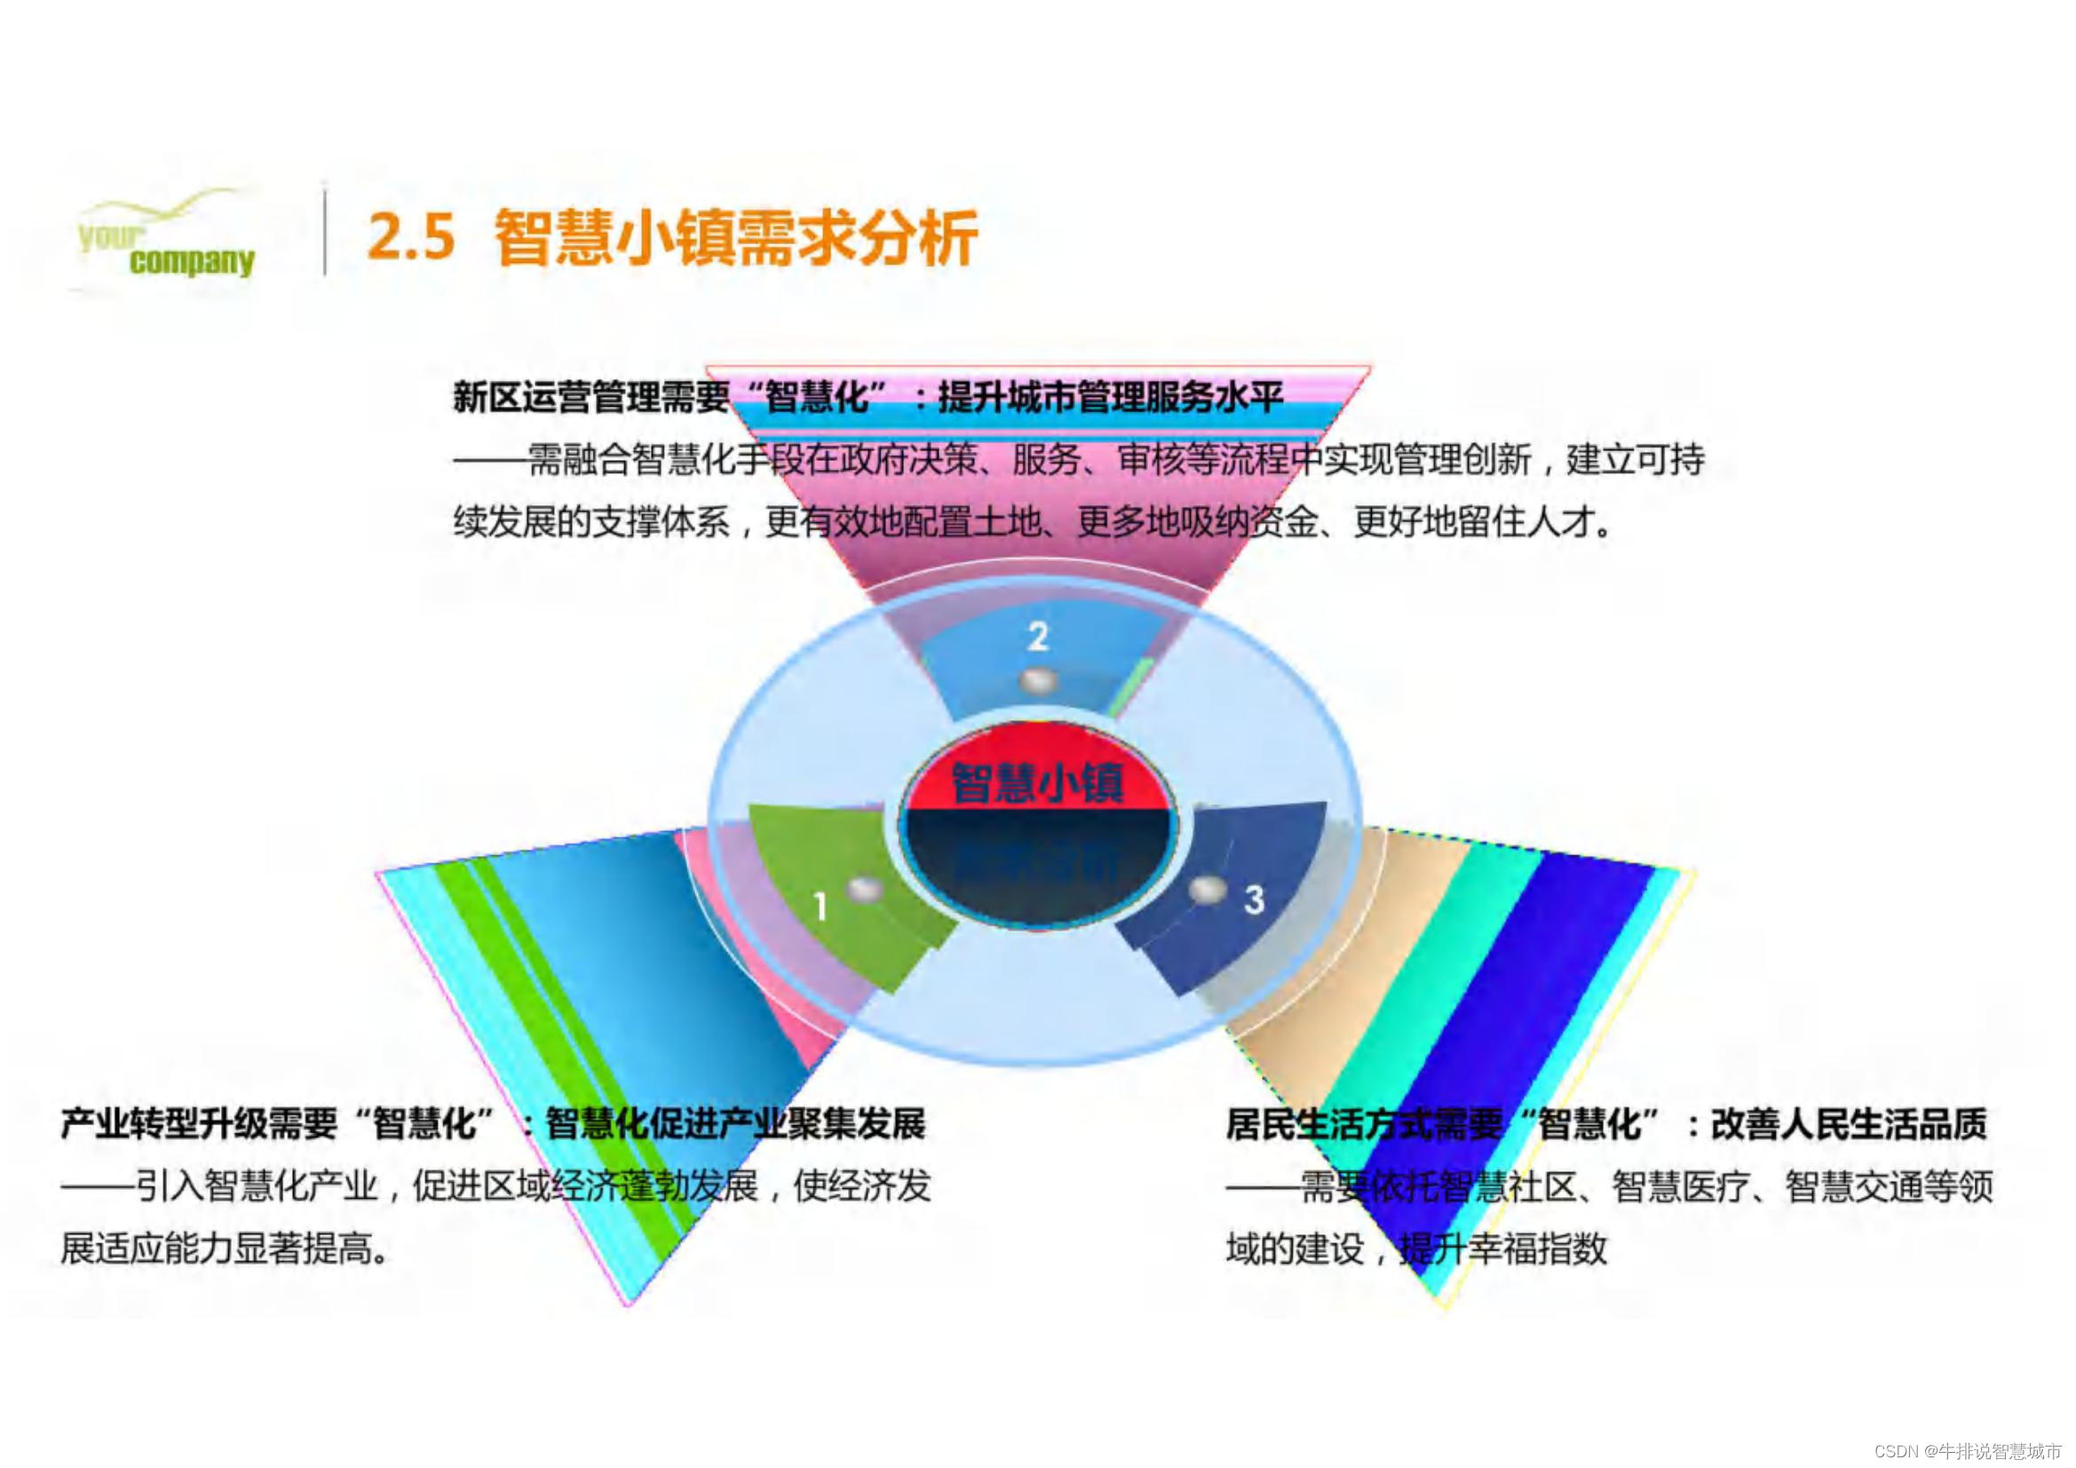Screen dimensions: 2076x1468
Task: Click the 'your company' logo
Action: pos(164,239)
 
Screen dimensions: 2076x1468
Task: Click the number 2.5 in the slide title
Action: pos(410,238)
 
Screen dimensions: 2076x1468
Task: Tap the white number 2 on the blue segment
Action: pos(1037,637)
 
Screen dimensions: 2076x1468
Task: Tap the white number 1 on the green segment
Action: pos(820,906)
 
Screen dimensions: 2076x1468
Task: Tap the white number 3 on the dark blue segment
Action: pos(1253,899)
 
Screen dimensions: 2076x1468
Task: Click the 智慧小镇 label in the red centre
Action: pos(1038,782)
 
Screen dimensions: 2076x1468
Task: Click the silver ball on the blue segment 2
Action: pos(1037,681)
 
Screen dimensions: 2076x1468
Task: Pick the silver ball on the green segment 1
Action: pos(864,889)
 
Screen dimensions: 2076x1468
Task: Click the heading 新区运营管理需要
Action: pos(590,396)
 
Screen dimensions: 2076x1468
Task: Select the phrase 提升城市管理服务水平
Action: pos(1110,396)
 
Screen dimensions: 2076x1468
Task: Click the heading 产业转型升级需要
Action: pos(198,1124)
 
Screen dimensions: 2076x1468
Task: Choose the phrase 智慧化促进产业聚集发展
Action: pos(736,1124)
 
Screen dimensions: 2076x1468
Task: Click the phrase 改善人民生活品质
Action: pos(1848,1124)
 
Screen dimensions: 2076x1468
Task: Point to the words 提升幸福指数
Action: pos(1502,1250)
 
